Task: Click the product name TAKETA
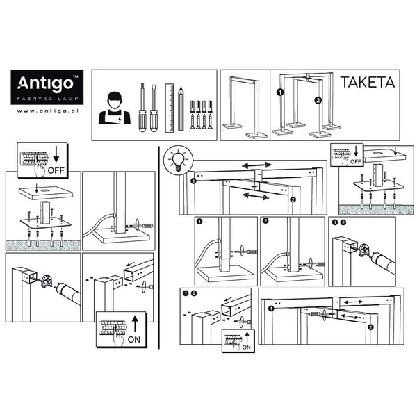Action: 367,83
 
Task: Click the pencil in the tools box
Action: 180,109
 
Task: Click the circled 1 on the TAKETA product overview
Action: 279,92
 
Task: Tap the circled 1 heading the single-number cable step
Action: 200,223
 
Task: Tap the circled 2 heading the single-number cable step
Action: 265,223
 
